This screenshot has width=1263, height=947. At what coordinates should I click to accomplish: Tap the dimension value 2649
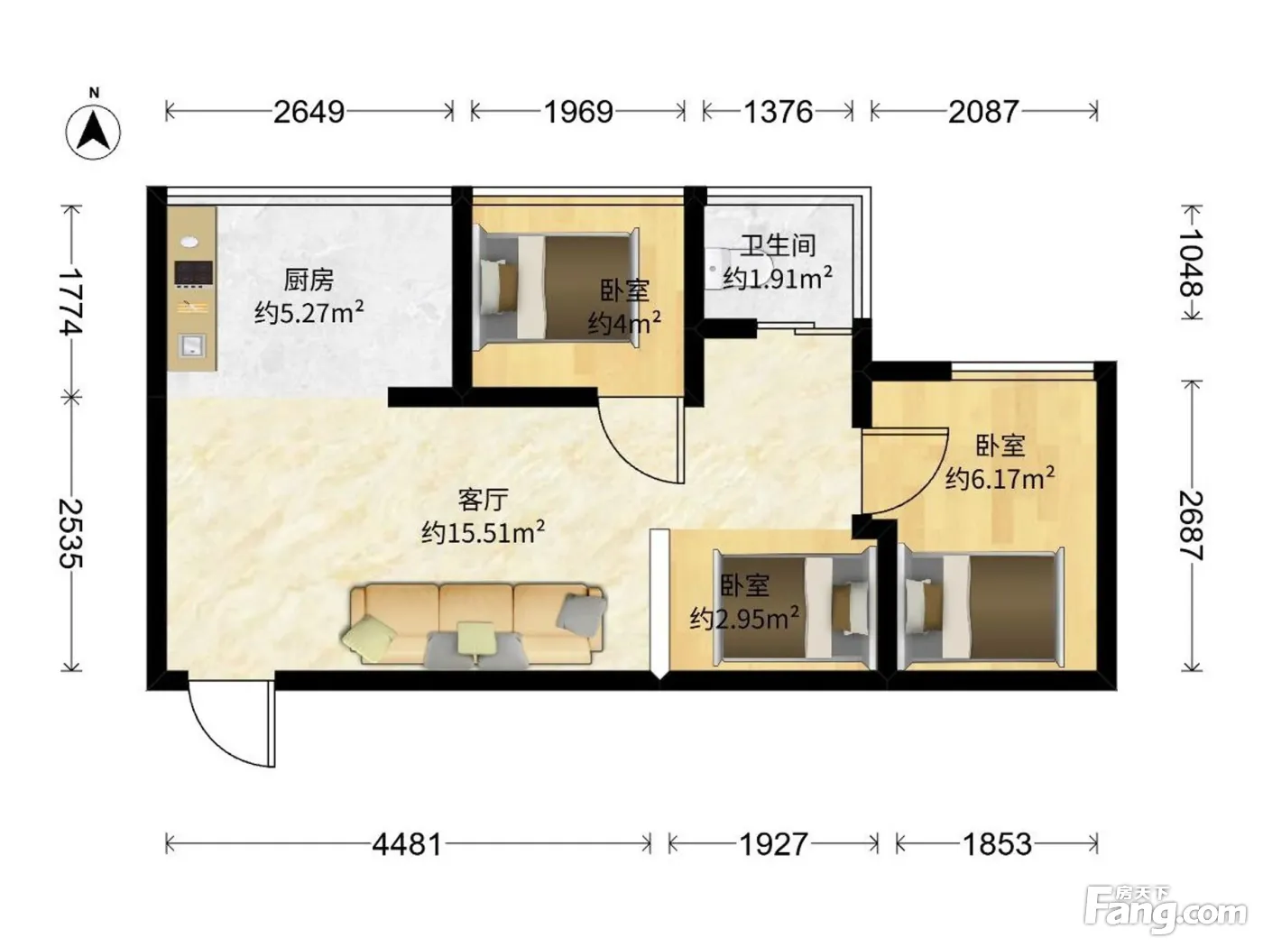click(x=309, y=112)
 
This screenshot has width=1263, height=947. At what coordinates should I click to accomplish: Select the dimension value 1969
click(x=579, y=112)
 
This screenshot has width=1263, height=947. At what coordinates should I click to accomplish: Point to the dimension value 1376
click(x=778, y=112)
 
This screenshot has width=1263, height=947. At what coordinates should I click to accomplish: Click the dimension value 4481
click(x=407, y=845)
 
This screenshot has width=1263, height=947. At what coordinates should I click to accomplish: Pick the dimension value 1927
click(x=773, y=845)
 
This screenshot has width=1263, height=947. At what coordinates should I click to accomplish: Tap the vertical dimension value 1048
click(x=1191, y=263)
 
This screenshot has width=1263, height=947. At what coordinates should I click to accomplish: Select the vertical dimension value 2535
click(x=71, y=534)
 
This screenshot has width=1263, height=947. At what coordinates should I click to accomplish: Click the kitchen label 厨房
click(x=309, y=280)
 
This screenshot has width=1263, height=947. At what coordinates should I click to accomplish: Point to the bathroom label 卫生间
click(x=778, y=245)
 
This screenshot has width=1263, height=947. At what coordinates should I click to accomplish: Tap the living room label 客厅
click(x=483, y=500)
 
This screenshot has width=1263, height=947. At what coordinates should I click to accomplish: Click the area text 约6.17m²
click(x=1000, y=478)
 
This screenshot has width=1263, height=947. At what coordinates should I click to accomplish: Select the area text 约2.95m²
click(x=744, y=618)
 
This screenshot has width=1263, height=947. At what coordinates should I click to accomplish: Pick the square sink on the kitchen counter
click(x=191, y=345)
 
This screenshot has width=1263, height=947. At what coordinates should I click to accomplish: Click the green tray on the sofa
click(x=475, y=638)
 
